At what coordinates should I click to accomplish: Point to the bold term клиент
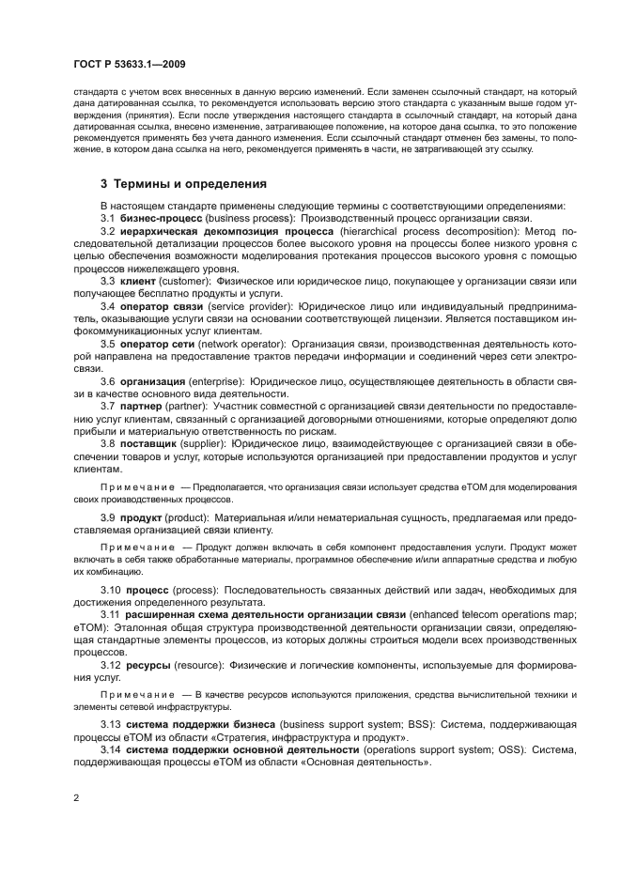138,282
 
